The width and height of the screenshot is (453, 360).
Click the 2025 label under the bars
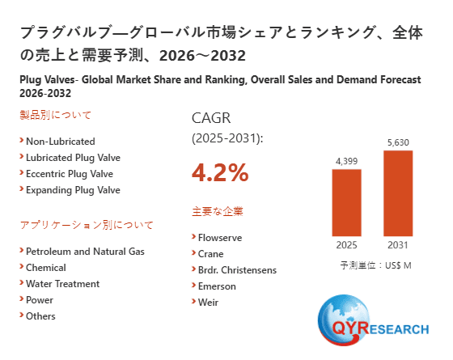pos(347,245)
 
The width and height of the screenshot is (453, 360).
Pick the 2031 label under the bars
pos(398,245)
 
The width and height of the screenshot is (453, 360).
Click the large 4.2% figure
pos(220,172)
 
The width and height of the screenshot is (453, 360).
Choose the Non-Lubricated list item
pos(60,141)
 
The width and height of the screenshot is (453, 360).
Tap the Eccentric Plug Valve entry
pos(69,173)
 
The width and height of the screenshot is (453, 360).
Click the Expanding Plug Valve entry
pos(72,190)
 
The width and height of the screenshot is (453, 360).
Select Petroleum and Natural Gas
pos(85,252)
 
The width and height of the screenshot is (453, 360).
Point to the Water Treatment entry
pos(62,284)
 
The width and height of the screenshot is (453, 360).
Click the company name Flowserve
pos(219,238)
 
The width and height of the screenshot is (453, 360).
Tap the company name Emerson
pos(217,286)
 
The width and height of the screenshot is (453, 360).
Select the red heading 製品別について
pos(56,115)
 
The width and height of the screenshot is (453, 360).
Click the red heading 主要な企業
pos(217,212)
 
